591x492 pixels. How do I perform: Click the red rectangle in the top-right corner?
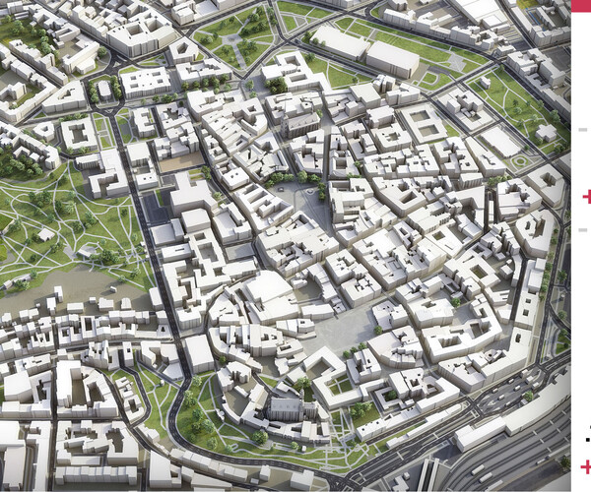[x=581, y=5]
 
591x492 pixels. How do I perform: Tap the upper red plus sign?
[x=587, y=197]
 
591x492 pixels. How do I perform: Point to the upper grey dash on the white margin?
[x=583, y=129]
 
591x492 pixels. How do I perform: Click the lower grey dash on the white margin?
[x=583, y=229]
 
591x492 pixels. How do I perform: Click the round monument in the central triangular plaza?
[x=313, y=194]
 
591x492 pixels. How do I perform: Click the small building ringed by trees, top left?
[x=104, y=92]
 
